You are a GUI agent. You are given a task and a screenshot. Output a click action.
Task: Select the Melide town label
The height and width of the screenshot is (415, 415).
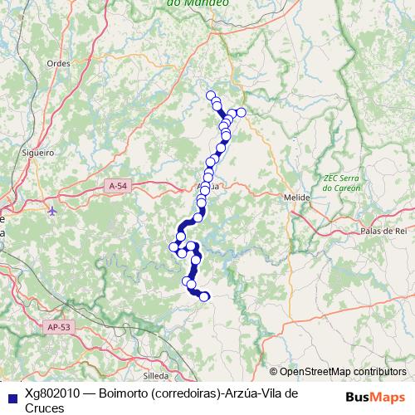pos(296,198)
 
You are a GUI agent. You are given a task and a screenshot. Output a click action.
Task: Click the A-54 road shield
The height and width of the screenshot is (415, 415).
pos(118,188)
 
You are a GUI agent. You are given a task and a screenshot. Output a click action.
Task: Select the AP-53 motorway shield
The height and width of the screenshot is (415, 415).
pos(59,327)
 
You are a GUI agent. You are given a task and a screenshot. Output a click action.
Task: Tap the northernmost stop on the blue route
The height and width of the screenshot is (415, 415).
pos(211,95)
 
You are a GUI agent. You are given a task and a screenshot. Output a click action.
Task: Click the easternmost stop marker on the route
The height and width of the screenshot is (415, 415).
pos(242,112)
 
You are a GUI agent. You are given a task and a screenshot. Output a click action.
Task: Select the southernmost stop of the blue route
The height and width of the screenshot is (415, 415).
pos(204,297)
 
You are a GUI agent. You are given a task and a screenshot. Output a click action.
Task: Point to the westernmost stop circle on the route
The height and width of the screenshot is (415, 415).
pos(174,247)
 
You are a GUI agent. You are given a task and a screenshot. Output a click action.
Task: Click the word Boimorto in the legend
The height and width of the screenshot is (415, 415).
pos(124,393)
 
